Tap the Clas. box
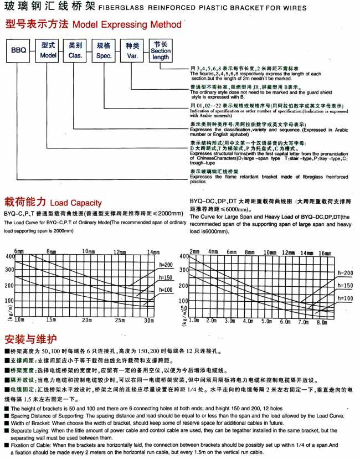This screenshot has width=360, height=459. [76, 50]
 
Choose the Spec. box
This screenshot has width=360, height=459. [104, 50]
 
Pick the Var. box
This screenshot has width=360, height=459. [132, 50]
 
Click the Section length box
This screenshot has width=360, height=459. [161, 50]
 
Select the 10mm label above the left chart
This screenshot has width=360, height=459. [89, 252]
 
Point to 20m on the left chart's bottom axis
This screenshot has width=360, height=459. [86, 320]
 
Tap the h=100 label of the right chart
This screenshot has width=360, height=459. [344, 298]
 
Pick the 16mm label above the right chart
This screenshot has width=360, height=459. [325, 252]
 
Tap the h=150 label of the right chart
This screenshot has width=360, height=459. [344, 285]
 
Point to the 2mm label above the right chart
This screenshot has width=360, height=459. [194, 252]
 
